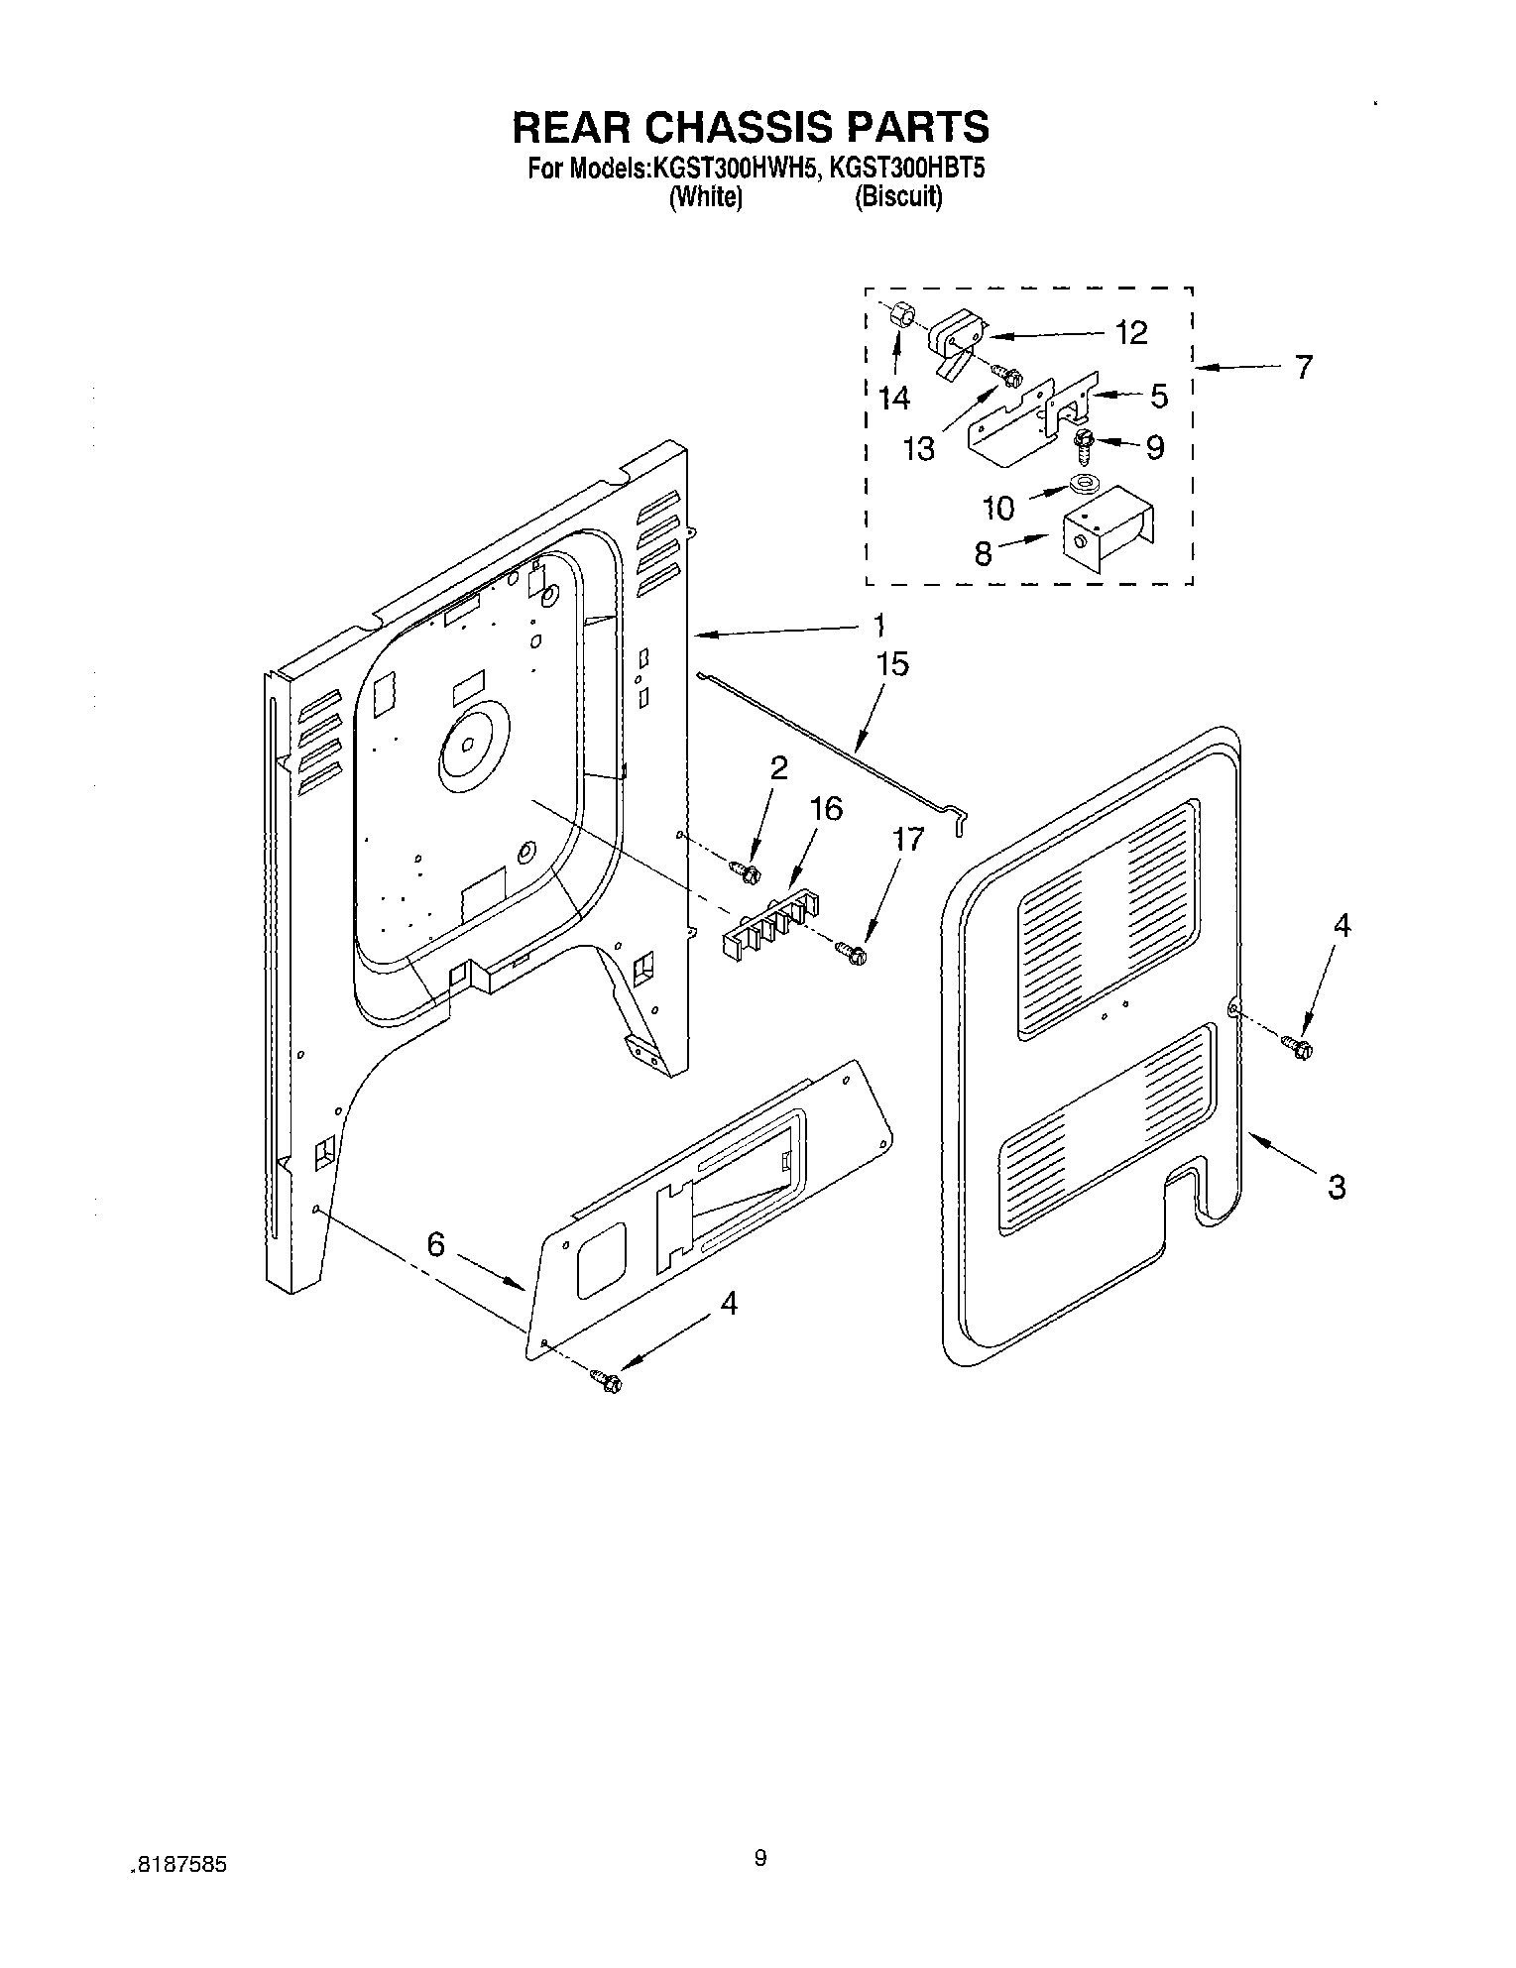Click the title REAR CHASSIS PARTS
tap(750, 127)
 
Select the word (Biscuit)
tap(898, 197)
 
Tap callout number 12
tap(1131, 332)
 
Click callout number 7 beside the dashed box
tap(1304, 367)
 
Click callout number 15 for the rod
tap(892, 664)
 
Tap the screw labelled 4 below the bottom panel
tap(605, 1379)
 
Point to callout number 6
tap(435, 1245)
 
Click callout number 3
tap(1337, 1186)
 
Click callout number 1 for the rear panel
tap(877, 627)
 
